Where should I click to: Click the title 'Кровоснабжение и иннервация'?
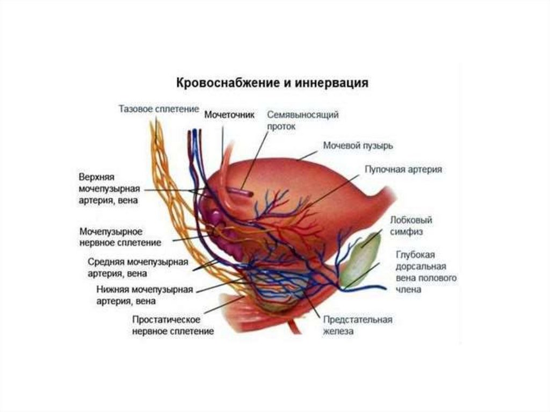[272, 84]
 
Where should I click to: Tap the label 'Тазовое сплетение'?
[155, 109]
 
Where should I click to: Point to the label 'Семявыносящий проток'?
[303, 120]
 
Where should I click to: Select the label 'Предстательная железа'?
[357, 325]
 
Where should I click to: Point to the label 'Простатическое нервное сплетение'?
[173, 325]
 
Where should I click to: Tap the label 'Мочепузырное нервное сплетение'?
[120, 237]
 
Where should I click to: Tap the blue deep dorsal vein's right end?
[383, 288]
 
